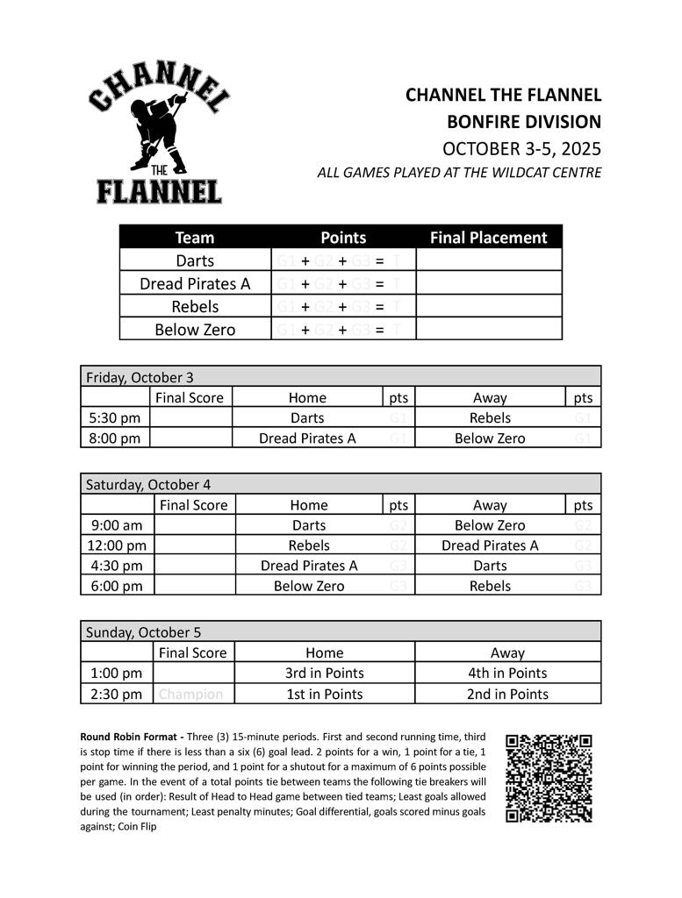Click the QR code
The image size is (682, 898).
click(549, 778)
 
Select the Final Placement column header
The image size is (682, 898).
click(488, 238)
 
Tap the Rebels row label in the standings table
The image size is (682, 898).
click(195, 307)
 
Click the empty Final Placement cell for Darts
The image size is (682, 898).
click(488, 260)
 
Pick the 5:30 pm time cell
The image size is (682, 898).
click(115, 418)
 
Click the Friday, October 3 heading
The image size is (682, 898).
click(140, 377)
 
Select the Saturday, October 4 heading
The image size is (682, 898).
click(147, 484)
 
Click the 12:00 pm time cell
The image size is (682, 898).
click(118, 545)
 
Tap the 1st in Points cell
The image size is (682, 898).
click(324, 694)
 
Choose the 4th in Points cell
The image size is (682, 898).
click(507, 673)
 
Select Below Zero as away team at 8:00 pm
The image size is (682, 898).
click(489, 438)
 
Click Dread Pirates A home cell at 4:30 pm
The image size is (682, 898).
click(309, 566)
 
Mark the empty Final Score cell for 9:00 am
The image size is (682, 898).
click(195, 525)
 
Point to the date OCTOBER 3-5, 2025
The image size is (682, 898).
click(521, 147)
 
